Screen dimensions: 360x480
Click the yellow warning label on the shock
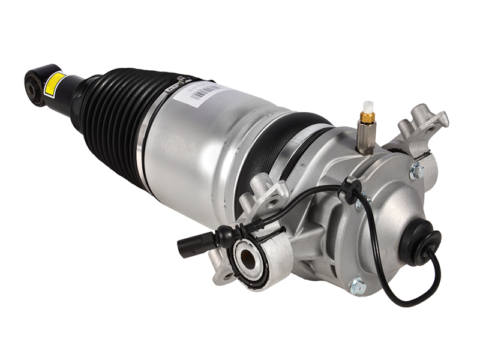pyautogui.click(x=55, y=83)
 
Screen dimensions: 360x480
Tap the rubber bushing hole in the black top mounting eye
pyautogui.click(x=31, y=89)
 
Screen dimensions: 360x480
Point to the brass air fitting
pyautogui.click(x=368, y=118)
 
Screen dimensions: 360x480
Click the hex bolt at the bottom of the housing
pyautogui.click(x=358, y=286)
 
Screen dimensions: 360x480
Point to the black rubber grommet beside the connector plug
pyautogui.click(x=225, y=236)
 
